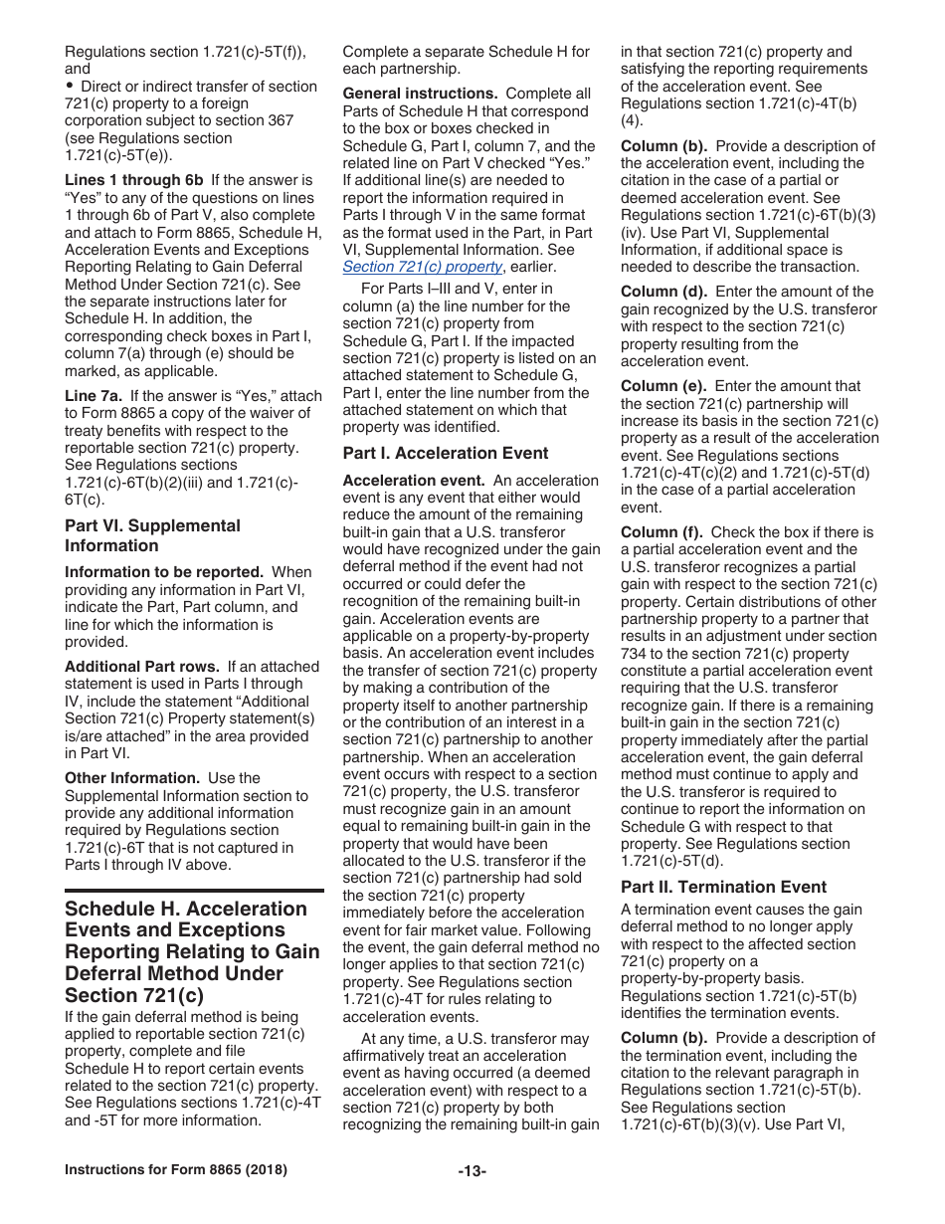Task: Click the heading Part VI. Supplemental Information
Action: click(152, 535)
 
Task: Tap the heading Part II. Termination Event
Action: click(723, 887)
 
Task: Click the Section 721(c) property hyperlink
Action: click(422, 267)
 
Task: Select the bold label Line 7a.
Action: click(94, 396)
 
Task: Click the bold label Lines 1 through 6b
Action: click(133, 180)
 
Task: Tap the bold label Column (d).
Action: click(663, 292)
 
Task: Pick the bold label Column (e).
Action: click(663, 386)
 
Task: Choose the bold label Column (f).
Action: click(661, 532)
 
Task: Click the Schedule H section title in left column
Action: click(186, 951)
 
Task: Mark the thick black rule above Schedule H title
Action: click(194, 891)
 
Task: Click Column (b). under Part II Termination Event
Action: click(663, 1038)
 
